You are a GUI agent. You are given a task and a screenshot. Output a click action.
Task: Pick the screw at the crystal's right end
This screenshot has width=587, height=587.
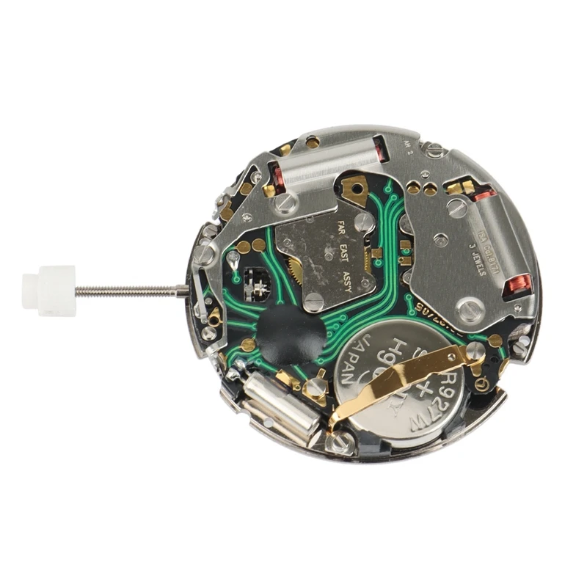tap(339, 441)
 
